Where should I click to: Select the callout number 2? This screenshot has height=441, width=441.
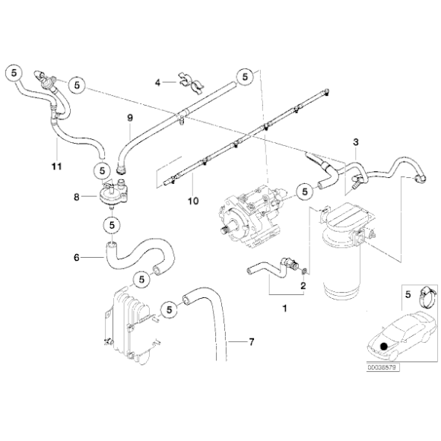(x=303, y=285)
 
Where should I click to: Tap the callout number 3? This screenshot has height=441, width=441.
(x=355, y=142)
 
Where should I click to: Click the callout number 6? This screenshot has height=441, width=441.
(x=76, y=257)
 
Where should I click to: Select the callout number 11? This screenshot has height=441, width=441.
(x=54, y=164)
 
